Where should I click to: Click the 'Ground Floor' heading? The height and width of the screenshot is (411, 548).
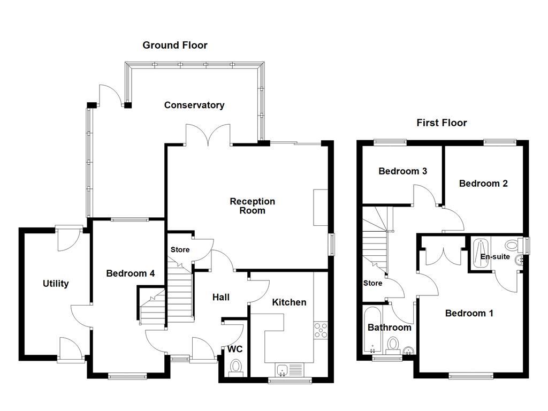pyautogui.click(x=174, y=45)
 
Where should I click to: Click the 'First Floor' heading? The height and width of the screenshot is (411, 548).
pyautogui.click(x=442, y=123)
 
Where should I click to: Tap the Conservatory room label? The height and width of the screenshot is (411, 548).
pyautogui.click(x=194, y=105)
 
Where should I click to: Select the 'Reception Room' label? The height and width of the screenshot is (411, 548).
pyautogui.click(x=252, y=206)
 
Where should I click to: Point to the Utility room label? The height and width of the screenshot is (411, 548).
pyautogui.click(x=56, y=284)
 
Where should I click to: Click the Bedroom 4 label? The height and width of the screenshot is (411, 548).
pyautogui.click(x=130, y=273)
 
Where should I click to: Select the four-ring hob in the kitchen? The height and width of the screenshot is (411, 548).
pyautogui.click(x=321, y=331)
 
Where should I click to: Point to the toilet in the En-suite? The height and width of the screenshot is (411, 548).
pyautogui.click(x=512, y=246)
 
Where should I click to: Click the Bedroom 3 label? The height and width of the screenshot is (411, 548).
pyautogui.click(x=402, y=172)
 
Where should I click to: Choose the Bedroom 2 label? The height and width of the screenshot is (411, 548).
pyautogui.click(x=483, y=184)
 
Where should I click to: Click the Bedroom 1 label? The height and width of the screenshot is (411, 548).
pyautogui.click(x=469, y=314)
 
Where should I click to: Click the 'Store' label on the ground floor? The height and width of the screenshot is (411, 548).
pyautogui.click(x=180, y=250)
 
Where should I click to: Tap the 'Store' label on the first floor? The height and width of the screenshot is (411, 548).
pyautogui.click(x=372, y=283)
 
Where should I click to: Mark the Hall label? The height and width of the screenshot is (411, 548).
pyautogui.click(x=220, y=297)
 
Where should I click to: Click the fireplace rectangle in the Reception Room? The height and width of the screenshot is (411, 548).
pyautogui.click(x=321, y=207)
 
